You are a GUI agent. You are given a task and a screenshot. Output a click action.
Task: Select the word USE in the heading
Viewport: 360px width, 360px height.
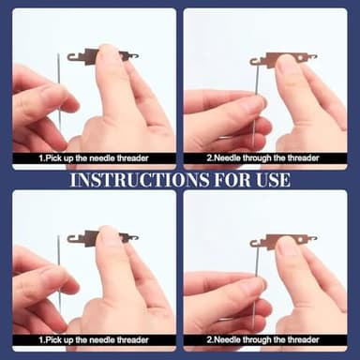(x=273, y=180)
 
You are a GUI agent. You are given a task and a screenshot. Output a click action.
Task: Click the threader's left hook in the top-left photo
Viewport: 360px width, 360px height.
(x=73, y=57)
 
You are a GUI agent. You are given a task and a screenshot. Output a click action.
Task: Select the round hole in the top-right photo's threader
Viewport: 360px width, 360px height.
(x=300, y=58)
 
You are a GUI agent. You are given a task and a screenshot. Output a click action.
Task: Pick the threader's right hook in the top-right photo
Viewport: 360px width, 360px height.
(x=311, y=57)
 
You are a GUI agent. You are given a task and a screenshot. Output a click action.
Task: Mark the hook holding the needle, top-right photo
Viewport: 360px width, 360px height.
(x=256, y=60)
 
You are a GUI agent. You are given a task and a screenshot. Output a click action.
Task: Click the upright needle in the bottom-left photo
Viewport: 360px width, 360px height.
(x=59, y=272)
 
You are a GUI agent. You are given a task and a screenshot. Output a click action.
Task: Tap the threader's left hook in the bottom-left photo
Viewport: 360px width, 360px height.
(x=73, y=239)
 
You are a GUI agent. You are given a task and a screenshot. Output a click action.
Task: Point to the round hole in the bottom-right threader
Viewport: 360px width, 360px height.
(x=300, y=240)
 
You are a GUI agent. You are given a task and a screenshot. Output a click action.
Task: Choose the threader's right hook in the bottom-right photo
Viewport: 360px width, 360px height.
(x=311, y=239)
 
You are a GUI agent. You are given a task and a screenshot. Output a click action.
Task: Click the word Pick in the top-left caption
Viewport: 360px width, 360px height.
(x=52, y=158)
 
